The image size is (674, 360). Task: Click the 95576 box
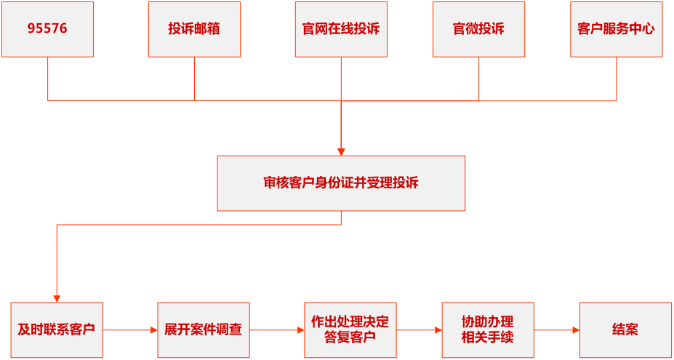[x=48, y=29]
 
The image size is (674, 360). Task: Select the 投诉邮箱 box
[x=194, y=29]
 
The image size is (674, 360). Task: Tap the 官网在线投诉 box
[x=341, y=29]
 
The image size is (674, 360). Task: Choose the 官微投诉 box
[x=478, y=29]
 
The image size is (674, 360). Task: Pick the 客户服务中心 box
[x=616, y=29]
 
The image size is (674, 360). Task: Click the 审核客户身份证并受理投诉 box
[x=341, y=183]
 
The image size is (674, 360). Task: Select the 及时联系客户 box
[x=57, y=329]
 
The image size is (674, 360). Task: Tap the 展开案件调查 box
[x=203, y=329]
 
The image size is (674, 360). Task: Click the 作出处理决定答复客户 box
[x=350, y=329]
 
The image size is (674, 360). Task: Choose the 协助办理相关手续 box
[x=487, y=329]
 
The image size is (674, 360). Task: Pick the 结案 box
[x=625, y=329]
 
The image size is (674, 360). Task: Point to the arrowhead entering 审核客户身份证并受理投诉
[x=341, y=151]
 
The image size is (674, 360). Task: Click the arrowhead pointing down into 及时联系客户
[x=57, y=298]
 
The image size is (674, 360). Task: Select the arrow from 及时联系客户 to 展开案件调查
[x=130, y=330]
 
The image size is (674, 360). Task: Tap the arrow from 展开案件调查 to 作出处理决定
[x=277, y=330]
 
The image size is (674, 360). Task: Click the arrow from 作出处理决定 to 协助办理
[x=420, y=330]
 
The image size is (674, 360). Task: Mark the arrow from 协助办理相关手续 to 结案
[x=557, y=330]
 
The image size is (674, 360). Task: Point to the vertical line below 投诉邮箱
[x=194, y=79]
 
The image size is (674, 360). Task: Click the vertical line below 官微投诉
[x=478, y=79]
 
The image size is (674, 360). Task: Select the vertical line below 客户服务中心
[x=617, y=79]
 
